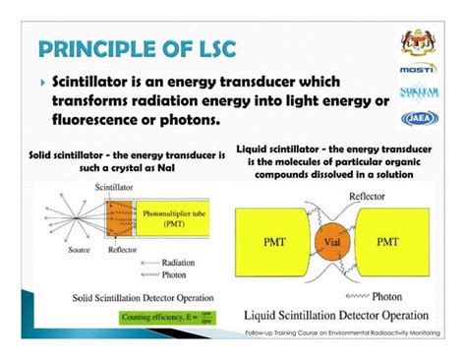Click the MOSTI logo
pyautogui.click(x=417, y=70)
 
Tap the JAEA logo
pyautogui.click(x=417, y=119)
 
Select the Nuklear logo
pyautogui.click(x=417, y=94)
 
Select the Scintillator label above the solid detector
pyautogui.click(x=117, y=185)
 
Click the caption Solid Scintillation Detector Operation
pyautogui.click(x=139, y=297)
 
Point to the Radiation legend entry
pyautogui.click(x=168, y=265)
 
